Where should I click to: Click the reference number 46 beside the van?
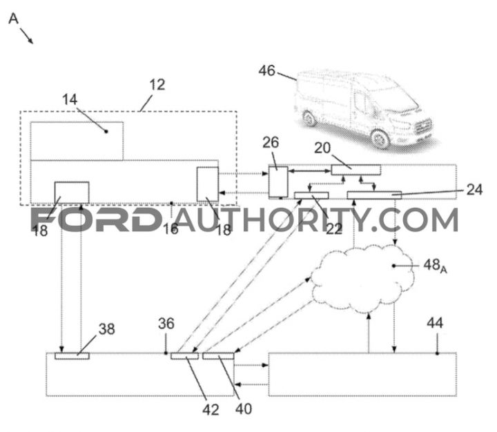pyautogui.click(x=266, y=70)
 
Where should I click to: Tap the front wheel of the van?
pyautogui.click(x=380, y=139)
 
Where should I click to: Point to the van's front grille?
pyautogui.click(x=423, y=126)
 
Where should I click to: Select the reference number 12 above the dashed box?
pyautogui.click(x=157, y=85)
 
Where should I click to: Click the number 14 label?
pyautogui.click(x=70, y=99)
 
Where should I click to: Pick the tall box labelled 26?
pyautogui.click(x=278, y=181)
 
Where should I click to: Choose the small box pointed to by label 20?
pyautogui.click(x=356, y=170)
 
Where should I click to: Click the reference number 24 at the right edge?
pyautogui.click(x=474, y=190)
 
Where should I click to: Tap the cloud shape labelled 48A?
pyautogui.click(x=362, y=279)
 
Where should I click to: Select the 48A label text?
pyautogui.click(x=435, y=265)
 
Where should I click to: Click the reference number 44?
pyautogui.click(x=435, y=323)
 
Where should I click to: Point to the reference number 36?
pyautogui.click(x=166, y=324)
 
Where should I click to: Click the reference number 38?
pyautogui.click(x=106, y=329)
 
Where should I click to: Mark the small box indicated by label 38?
pyautogui.click(x=72, y=356)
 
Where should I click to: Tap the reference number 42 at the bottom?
pyautogui.click(x=211, y=410)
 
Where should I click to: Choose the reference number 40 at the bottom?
pyautogui.click(x=244, y=409)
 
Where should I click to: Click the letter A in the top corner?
pyautogui.click(x=14, y=19)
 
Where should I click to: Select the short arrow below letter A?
pyautogui.click(x=27, y=35)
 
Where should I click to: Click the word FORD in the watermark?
pyautogui.click(x=96, y=219)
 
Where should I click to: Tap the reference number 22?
pyautogui.click(x=334, y=229)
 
